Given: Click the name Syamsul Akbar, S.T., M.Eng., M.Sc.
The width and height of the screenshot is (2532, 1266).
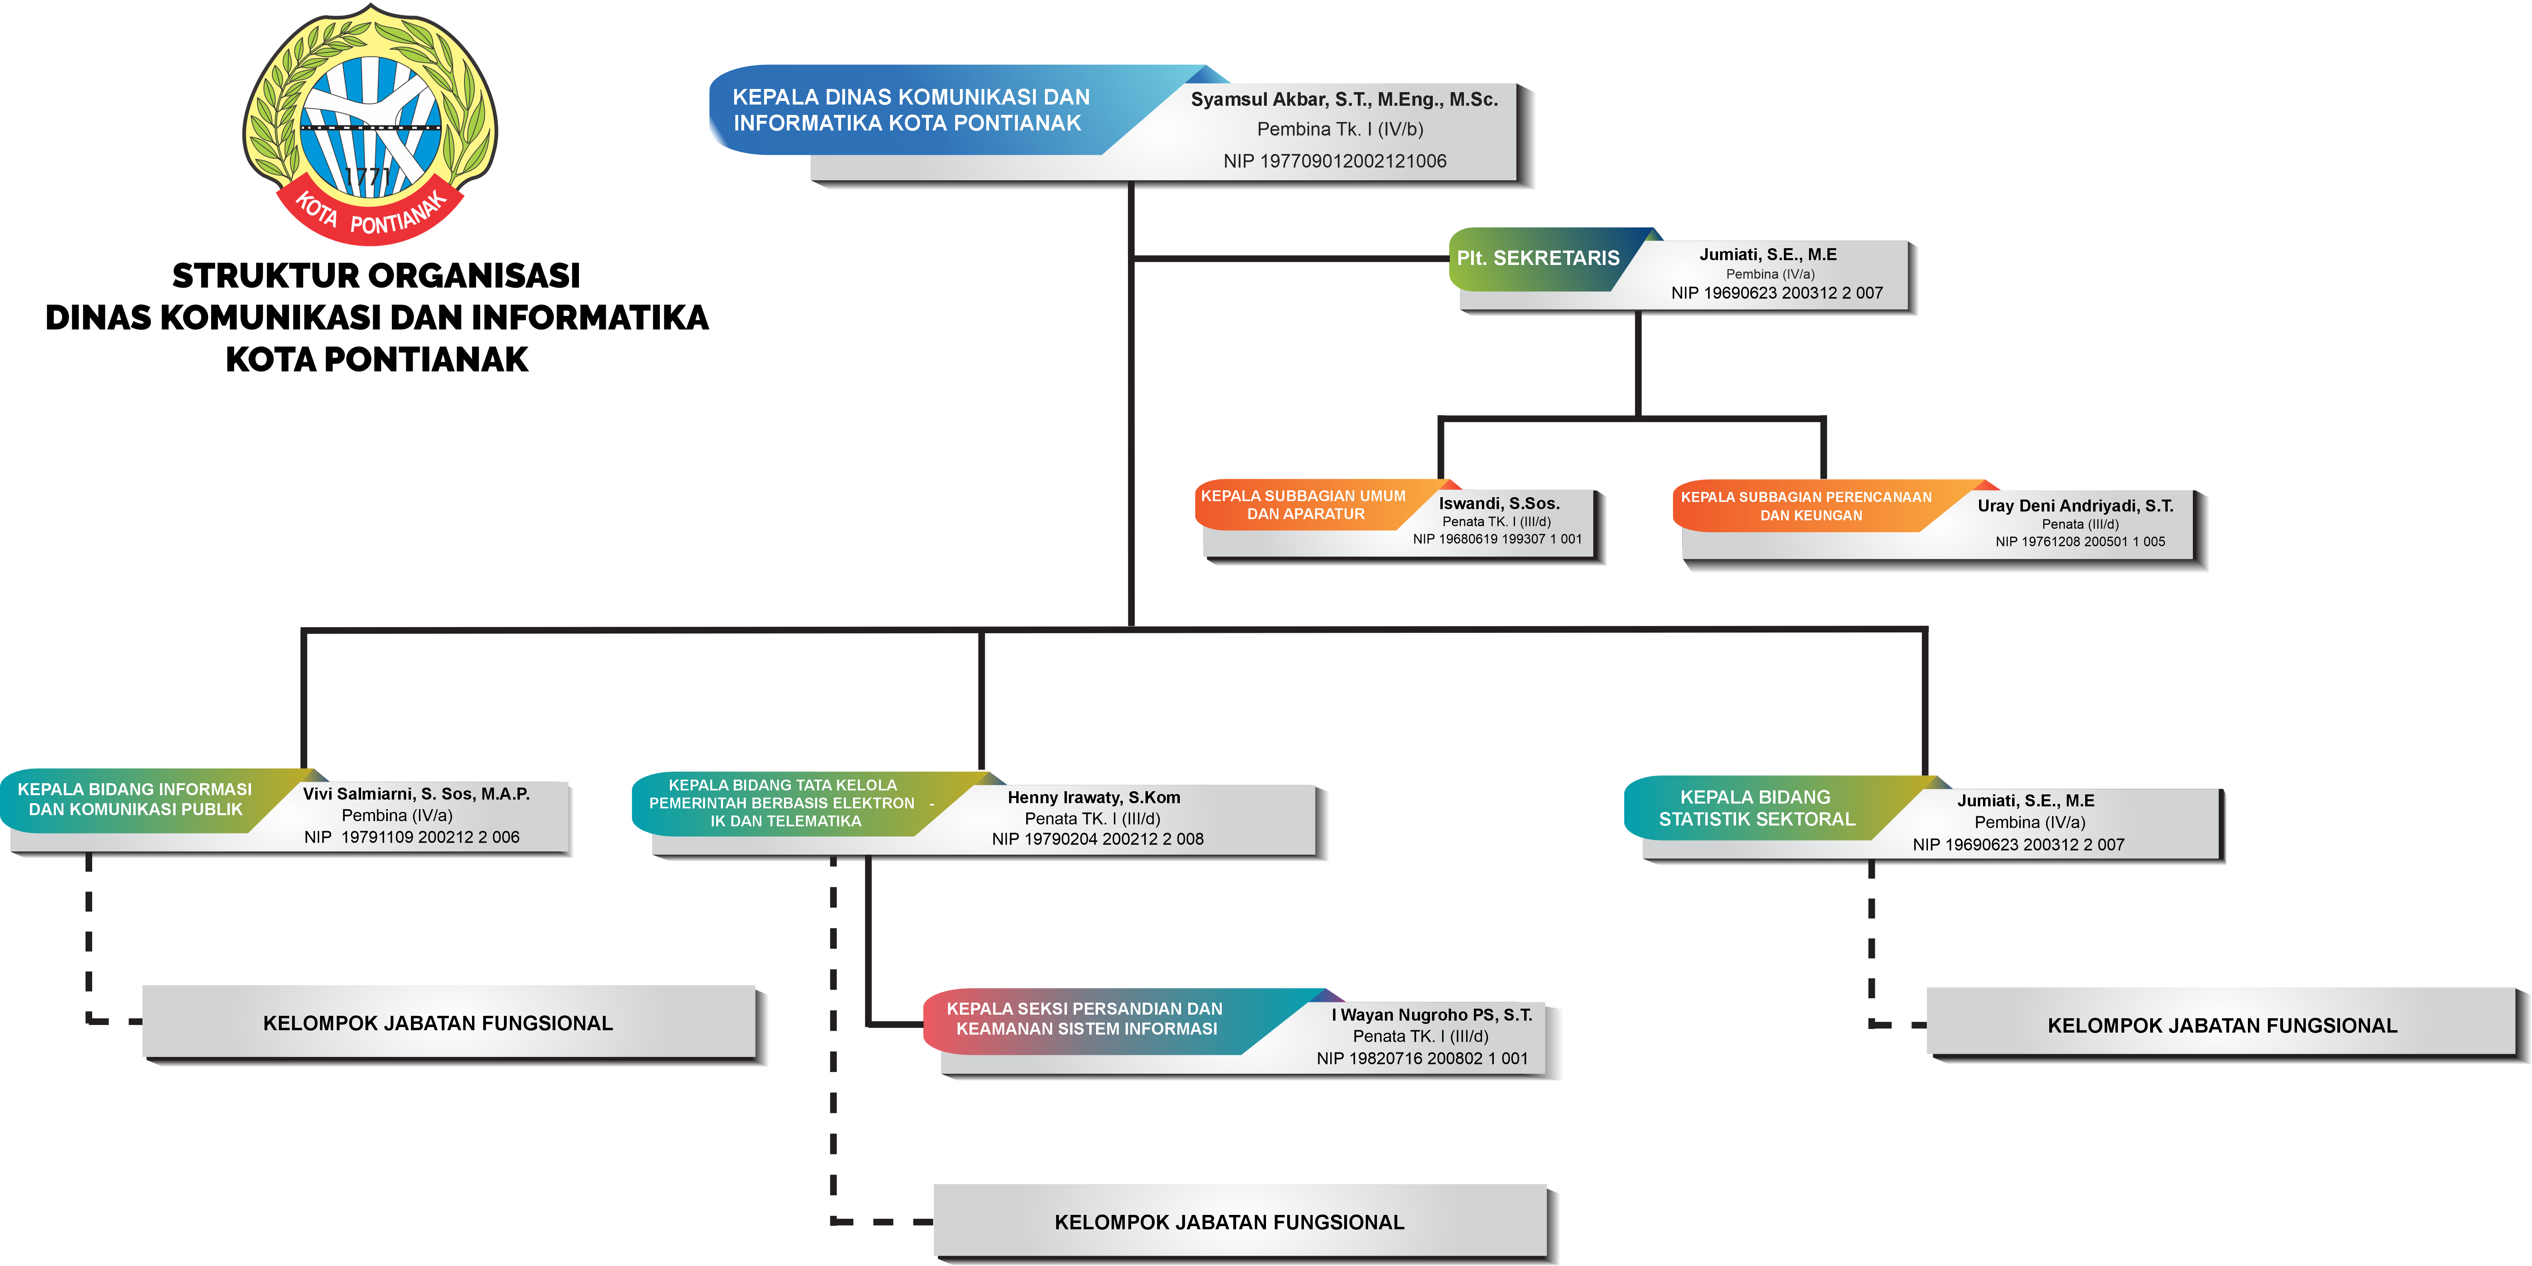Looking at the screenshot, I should tap(1344, 99).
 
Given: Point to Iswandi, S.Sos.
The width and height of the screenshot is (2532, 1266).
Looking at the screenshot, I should tap(1499, 503).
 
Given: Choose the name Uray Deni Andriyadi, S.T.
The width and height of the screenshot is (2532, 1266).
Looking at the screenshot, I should tap(2075, 505).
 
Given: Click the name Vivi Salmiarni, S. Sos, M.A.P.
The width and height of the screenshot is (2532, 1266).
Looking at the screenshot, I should tap(416, 793).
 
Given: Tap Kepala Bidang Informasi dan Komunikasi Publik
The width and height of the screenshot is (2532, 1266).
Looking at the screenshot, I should tap(135, 799).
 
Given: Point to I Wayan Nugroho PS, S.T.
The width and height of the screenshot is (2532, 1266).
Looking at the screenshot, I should tap(1431, 1014).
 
